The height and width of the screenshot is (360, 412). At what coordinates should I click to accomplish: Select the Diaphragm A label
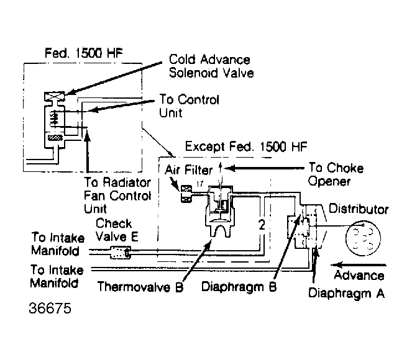(346, 292)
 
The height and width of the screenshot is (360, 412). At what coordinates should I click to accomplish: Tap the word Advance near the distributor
(359, 276)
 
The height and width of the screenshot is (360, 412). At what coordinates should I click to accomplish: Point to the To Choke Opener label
(336, 175)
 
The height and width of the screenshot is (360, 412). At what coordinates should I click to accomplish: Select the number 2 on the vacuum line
(262, 224)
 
